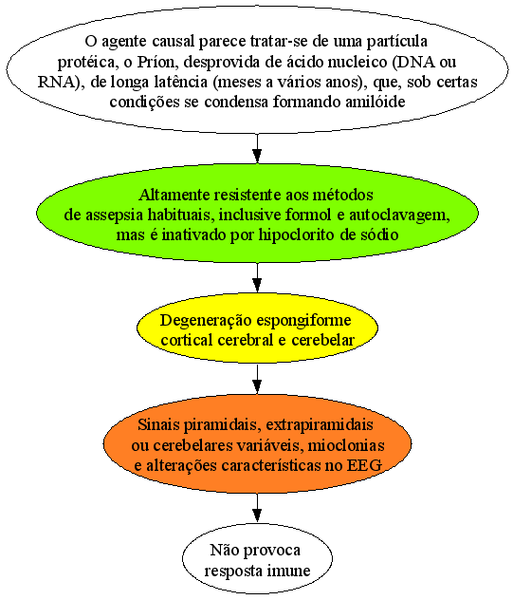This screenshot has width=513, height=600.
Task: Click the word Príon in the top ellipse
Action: pyautogui.click(x=157, y=62)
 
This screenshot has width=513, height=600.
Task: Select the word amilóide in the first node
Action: pyautogui.click(x=376, y=102)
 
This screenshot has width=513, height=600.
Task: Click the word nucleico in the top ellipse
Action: pyautogui.click(x=356, y=62)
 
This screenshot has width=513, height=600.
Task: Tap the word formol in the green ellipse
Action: pyautogui.click(x=308, y=216)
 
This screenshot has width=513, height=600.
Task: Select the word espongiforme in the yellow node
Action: pyautogui.click(x=303, y=320)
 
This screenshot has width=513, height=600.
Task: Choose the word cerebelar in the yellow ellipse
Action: pyautogui.click(x=323, y=340)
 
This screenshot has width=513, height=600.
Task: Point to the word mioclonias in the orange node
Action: pyautogui.click(x=346, y=445)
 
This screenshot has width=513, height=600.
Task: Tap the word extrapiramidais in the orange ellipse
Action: pyautogui.click(x=320, y=425)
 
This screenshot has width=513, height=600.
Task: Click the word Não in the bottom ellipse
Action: pyautogui.click(x=224, y=551)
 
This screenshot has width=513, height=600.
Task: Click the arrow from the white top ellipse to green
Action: pyautogui.click(x=257, y=148)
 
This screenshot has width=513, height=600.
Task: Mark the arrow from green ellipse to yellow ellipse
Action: pyautogui.click(x=257, y=277)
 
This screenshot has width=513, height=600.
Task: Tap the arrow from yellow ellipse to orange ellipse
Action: pyautogui.click(x=257, y=379)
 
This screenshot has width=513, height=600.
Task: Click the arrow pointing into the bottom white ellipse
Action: pyautogui.click(x=257, y=508)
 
